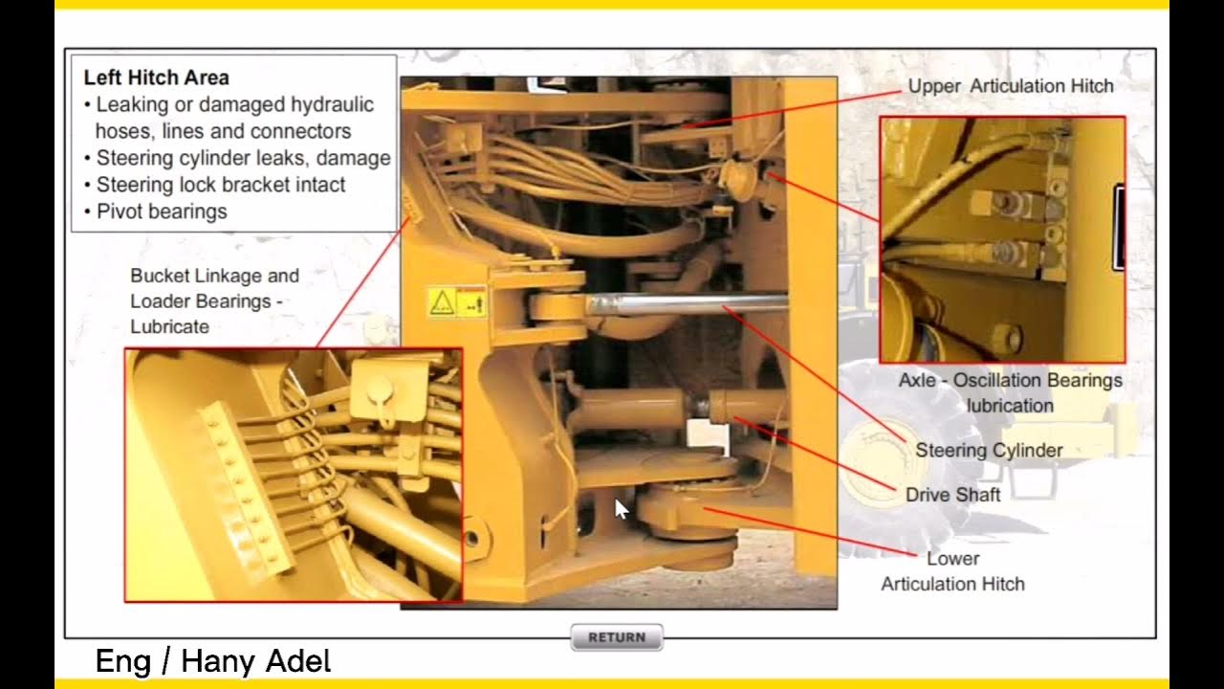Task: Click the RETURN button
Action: (616, 637)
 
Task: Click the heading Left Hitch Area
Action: (156, 78)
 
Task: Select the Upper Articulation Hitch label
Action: (1010, 86)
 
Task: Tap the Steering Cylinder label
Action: (989, 450)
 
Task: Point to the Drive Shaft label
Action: (952, 495)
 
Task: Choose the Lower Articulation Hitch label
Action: (952, 571)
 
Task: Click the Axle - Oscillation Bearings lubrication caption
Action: (1010, 392)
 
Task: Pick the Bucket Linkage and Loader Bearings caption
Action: (214, 288)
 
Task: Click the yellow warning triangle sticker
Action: (442, 303)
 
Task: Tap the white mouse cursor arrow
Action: (621, 508)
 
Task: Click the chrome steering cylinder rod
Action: (684, 305)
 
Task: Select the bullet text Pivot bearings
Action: (162, 211)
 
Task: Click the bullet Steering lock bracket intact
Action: (220, 185)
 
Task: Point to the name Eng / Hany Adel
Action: (212, 661)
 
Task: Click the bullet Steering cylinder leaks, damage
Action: (243, 158)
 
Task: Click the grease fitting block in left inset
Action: (245, 488)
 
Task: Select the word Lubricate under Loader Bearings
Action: (169, 326)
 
